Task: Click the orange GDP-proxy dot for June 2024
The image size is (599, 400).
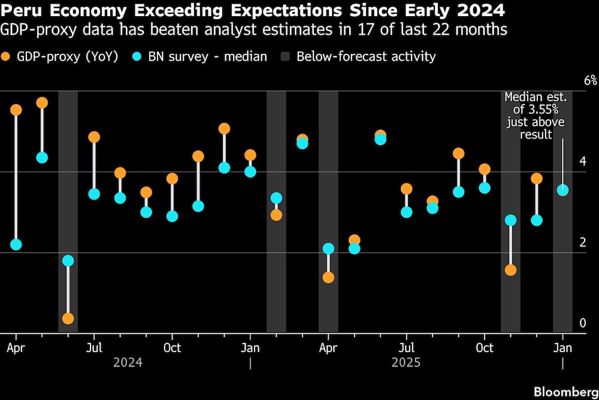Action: click(x=68, y=319)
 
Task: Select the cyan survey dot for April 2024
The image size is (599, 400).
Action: click(x=16, y=244)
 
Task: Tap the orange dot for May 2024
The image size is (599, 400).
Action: click(x=42, y=102)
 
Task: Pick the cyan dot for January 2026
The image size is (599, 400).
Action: click(x=562, y=190)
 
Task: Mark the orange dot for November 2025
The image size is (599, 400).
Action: click(x=510, y=270)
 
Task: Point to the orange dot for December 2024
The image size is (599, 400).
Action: click(x=224, y=129)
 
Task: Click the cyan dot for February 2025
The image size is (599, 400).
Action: click(x=276, y=198)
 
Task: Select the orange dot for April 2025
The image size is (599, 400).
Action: click(x=328, y=277)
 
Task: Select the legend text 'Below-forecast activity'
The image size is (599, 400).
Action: click(x=366, y=57)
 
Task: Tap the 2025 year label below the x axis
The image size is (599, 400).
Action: click(x=406, y=363)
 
